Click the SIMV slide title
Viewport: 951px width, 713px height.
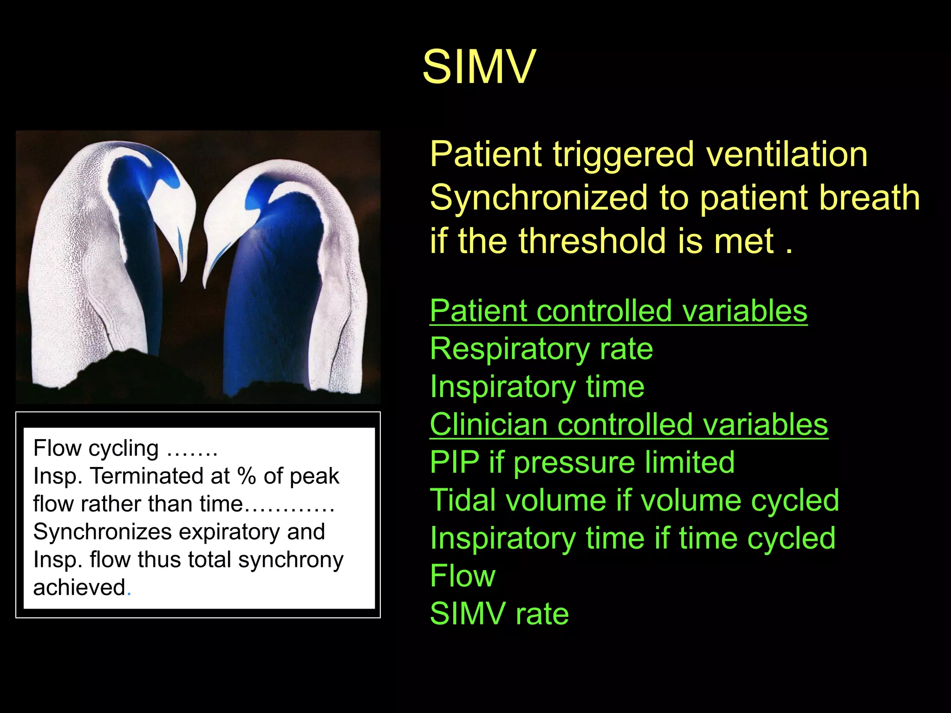479,67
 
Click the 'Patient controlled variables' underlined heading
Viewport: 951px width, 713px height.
619,311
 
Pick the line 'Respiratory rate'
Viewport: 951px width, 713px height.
541,349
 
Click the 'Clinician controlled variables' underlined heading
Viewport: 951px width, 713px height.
629,424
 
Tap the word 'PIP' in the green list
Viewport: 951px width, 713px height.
454,462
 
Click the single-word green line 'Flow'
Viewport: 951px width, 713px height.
462,576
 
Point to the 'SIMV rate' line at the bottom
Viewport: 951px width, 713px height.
499,614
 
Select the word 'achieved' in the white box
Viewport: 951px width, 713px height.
79,588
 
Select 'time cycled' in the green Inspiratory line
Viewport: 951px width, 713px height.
757,538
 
